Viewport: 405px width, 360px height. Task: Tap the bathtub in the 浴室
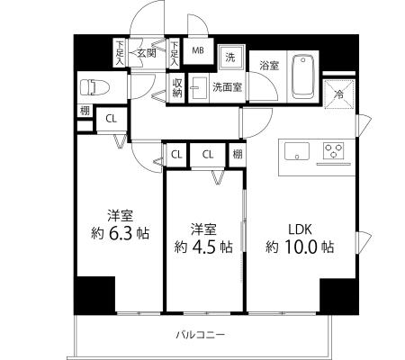click(x=303, y=76)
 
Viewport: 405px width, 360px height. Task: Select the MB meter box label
click(x=198, y=50)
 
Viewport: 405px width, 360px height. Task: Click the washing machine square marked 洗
click(x=230, y=58)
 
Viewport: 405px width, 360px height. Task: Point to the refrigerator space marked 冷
click(x=339, y=94)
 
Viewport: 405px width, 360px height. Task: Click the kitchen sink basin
click(x=297, y=152)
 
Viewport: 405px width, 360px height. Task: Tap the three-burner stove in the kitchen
click(x=334, y=150)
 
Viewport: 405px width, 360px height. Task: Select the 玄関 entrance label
click(x=147, y=53)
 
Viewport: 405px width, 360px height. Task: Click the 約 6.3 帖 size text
click(x=120, y=234)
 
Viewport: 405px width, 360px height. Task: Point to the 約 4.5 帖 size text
click(x=203, y=247)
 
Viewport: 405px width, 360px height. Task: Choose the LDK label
click(x=300, y=229)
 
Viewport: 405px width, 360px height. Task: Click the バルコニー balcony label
click(x=200, y=334)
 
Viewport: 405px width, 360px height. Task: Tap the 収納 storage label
click(x=177, y=88)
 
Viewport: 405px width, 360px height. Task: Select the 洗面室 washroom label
click(x=227, y=87)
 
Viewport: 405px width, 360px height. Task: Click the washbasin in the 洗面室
click(x=199, y=88)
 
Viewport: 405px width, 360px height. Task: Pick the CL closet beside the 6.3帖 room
click(x=111, y=119)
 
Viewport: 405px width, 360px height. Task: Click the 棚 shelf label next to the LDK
click(x=238, y=155)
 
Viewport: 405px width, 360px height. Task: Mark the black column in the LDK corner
click(x=339, y=296)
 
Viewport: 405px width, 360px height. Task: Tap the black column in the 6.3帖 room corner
click(x=94, y=295)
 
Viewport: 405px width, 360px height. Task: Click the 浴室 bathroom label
click(x=269, y=66)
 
